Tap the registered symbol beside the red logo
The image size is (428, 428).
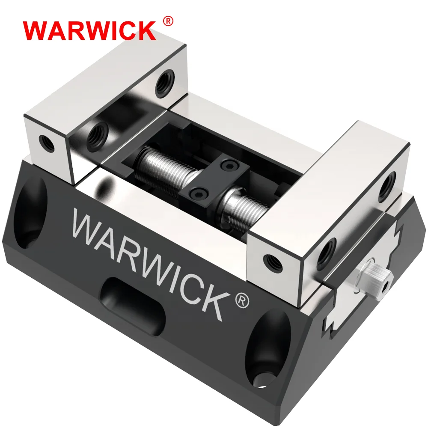pos(168,21)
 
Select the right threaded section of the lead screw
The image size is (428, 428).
pos(242,210)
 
